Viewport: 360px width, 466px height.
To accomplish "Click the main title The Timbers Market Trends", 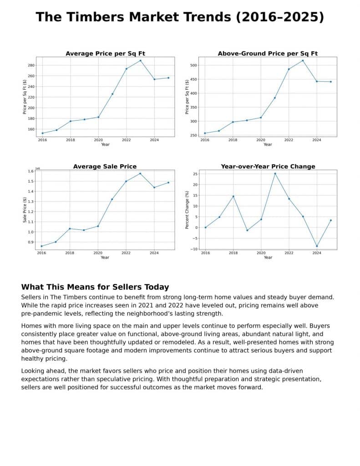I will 180,17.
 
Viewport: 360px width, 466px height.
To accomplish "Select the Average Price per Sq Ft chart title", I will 105,54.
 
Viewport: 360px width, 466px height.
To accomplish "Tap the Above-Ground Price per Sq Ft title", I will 268,54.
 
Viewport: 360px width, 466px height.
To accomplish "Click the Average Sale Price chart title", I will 105,167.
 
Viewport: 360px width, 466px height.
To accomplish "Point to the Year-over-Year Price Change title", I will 268,167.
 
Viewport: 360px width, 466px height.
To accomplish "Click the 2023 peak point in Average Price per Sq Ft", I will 140,61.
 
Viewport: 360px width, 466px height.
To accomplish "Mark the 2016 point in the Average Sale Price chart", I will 42,246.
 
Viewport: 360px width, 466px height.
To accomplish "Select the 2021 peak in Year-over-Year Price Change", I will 275,173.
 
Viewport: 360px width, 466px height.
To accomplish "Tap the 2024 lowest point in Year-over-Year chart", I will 317,246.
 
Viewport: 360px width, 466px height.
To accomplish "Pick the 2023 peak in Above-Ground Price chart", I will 303,61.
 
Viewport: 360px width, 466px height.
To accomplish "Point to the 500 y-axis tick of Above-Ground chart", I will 193,66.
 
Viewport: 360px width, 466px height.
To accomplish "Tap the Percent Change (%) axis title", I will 187,210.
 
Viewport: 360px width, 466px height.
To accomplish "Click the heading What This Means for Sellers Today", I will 95,287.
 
